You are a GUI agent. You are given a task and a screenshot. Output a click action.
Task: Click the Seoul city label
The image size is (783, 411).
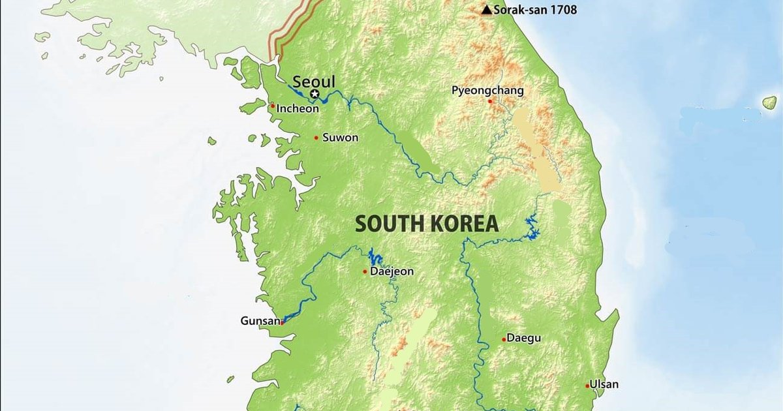(314, 82)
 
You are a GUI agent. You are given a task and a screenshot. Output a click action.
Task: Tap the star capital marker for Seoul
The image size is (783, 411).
(315, 95)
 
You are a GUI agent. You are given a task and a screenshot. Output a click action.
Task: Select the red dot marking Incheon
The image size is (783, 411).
(273, 106)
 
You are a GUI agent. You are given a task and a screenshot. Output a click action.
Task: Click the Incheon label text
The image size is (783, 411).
(298, 109)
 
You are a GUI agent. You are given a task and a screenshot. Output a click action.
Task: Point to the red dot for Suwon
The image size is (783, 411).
(316, 138)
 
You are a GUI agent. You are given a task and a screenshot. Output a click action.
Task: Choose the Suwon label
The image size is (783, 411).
(341, 138)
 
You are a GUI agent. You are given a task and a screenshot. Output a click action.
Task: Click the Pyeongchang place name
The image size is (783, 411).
(487, 91)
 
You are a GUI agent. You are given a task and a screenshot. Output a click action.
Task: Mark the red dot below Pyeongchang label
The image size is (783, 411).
(490, 101)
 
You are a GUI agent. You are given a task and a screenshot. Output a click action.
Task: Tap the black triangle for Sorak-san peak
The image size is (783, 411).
(486, 10)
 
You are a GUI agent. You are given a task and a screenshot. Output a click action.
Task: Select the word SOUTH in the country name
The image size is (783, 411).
(388, 224)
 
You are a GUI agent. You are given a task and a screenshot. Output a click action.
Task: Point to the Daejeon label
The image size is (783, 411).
(391, 271)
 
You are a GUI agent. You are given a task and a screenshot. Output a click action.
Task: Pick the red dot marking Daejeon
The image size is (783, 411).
(365, 271)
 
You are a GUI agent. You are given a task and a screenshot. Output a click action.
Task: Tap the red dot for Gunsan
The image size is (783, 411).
(283, 322)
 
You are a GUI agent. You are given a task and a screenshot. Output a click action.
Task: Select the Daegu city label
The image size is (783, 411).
(524, 339)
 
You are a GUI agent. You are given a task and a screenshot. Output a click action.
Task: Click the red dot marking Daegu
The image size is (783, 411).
(504, 339)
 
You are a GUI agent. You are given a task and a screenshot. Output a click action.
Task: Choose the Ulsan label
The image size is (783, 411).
(604, 384)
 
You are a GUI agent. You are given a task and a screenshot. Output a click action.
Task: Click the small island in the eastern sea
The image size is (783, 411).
(770, 102)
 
